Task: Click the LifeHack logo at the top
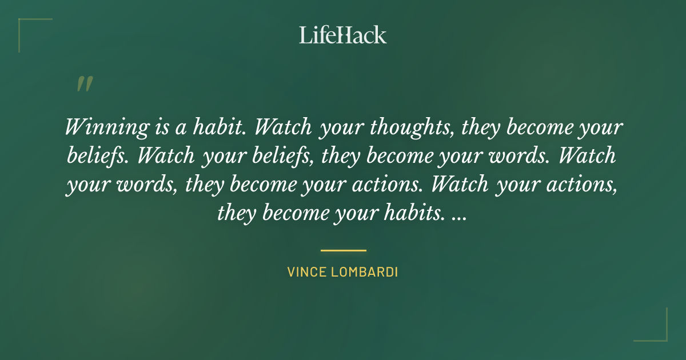[343, 35]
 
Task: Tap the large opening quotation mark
[84, 85]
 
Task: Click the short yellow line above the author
[343, 250]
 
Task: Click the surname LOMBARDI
[366, 272]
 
